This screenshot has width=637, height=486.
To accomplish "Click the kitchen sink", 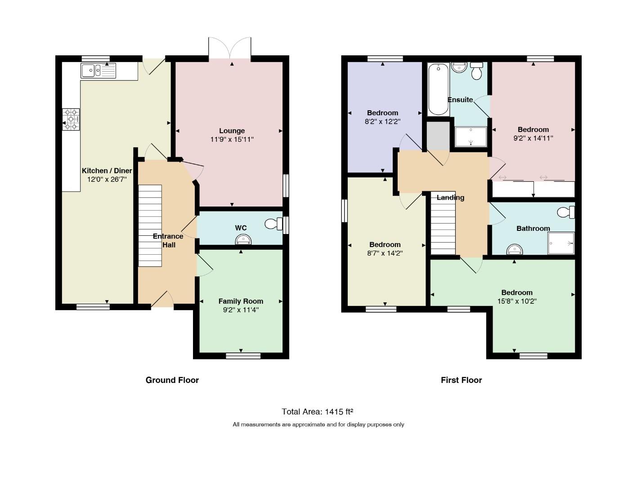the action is click(x=99, y=71).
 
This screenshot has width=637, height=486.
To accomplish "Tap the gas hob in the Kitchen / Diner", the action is click(x=71, y=119).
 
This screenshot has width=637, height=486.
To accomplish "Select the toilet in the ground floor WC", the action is click(x=274, y=224).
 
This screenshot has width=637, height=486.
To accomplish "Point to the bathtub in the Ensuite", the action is click(x=438, y=89).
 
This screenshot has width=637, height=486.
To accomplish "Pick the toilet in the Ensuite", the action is click(x=476, y=71).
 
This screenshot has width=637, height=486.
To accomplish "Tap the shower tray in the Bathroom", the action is click(x=561, y=243).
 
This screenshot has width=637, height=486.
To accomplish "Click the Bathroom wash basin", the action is click(x=514, y=249).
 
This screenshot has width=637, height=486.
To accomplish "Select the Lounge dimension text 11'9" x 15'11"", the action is click(x=232, y=139).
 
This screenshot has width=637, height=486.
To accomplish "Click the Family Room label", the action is click(x=241, y=301).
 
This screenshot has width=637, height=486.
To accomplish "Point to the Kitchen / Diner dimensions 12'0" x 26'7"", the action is click(x=107, y=179).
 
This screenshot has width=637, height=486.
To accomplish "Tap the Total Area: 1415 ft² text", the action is click(x=317, y=411).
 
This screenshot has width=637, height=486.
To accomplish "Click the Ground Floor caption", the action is click(x=172, y=380).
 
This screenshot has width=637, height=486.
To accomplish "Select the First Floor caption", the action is click(x=462, y=380).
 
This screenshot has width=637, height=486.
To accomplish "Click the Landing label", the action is click(x=450, y=198).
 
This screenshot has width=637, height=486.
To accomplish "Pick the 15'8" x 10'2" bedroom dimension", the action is click(x=517, y=301).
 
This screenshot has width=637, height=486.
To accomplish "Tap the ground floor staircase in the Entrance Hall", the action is click(x=150, y=225).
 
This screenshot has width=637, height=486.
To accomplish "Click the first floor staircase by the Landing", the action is click(x=443, y=223).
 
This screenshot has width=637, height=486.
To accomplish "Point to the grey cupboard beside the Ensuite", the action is click(x=438, y=135).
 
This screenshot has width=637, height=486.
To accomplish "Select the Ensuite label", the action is click(x=460, y=99).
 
